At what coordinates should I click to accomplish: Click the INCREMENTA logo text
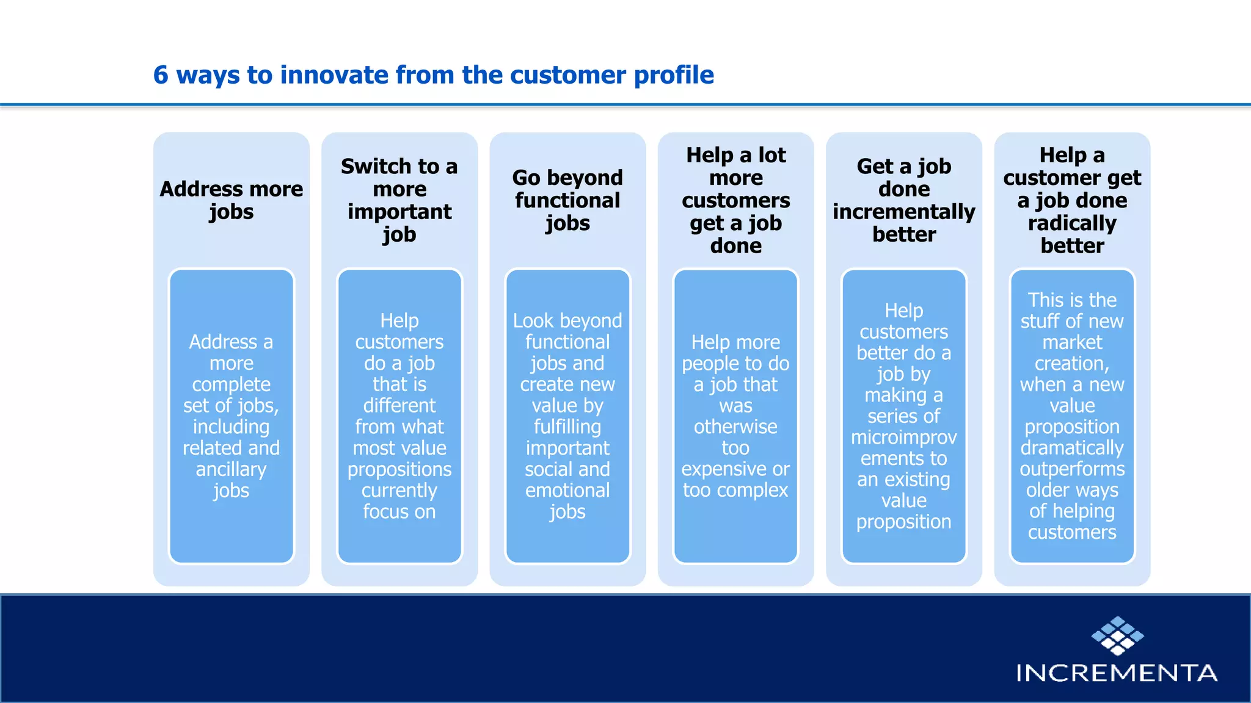tap(1117, 673)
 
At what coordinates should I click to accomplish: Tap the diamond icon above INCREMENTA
tap(1117, 636)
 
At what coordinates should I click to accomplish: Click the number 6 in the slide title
tap(161, 75)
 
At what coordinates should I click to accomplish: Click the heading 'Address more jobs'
tap(232, 200)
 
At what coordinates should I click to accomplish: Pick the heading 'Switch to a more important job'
tap(399, 200)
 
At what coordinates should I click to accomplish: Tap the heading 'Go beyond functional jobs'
tap(567, 200)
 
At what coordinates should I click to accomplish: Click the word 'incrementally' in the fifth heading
tap(904, 212)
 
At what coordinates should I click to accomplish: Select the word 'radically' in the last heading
tap(1072, 223)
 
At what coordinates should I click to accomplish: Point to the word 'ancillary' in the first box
tap(232, 469)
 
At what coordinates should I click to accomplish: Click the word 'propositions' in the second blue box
tap(399, 469)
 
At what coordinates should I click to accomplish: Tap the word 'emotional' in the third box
tap(567, 491)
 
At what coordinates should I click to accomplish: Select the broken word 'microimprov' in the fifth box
tap(904, 438)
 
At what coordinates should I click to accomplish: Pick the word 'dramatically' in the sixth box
tap(1072, 448)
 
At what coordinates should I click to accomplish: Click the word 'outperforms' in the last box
tap(1072, 469)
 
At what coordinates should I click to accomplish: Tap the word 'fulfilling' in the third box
tap(567, 427)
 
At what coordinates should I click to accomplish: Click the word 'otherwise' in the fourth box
tap(735, 427)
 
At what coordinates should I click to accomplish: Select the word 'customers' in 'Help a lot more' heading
tap(736, 201)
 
